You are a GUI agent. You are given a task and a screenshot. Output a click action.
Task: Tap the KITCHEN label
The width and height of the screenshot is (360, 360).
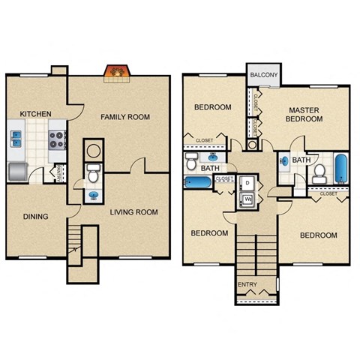tap(35, 114)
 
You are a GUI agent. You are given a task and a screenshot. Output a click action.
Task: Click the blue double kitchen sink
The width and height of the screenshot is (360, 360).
tap(16, 139)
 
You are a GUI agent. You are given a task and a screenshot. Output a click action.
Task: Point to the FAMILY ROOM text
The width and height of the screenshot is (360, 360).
tap(126, 117)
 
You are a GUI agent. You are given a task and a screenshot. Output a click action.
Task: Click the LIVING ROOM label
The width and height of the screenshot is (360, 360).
tap(133, 212)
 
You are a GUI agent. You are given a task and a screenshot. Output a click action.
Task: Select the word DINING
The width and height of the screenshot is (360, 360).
tap(35, 217)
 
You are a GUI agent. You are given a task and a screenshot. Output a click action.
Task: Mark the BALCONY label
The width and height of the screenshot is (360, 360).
tap(264, 76)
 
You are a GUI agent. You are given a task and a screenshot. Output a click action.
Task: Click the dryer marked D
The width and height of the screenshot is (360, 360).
tap(247, 183)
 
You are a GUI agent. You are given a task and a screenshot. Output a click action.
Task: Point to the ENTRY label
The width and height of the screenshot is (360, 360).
tap(247, 285)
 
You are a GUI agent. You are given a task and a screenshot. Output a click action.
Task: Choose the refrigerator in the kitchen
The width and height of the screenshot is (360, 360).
tap(17, 172)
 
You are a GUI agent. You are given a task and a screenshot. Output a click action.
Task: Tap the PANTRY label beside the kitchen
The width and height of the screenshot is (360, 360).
tap(58, 172)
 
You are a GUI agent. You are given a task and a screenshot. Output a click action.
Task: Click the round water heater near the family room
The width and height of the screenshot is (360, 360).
tap(93, 149)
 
